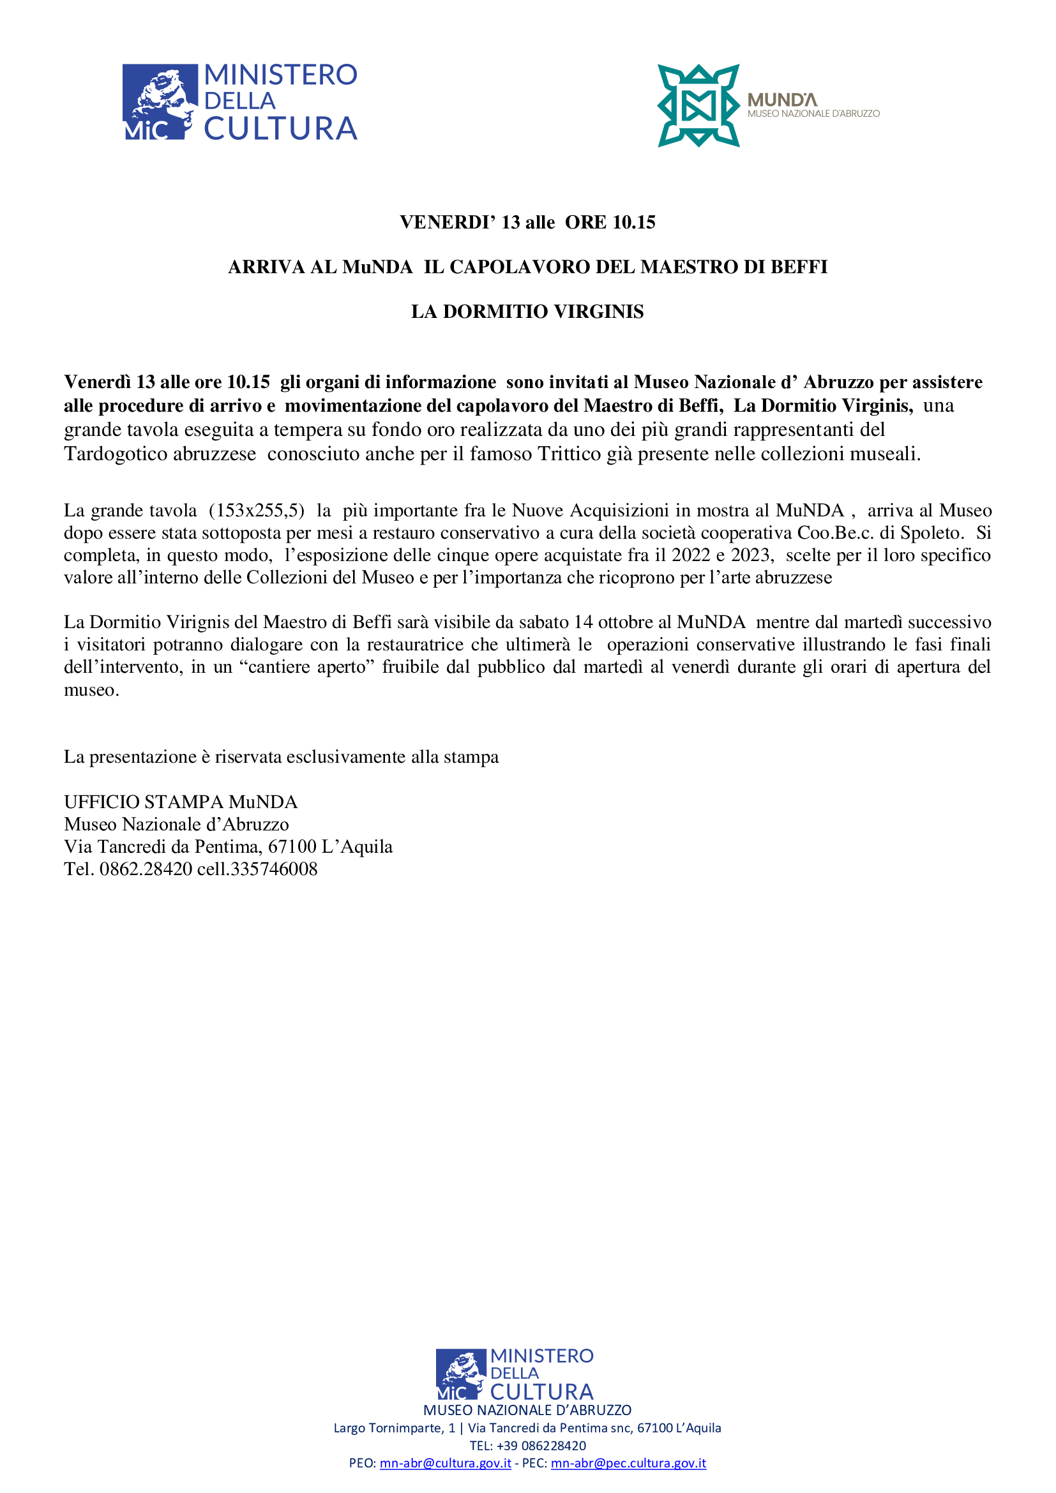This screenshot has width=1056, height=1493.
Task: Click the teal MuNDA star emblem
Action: [698, 105]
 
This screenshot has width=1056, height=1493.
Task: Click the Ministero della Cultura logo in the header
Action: [240, 102]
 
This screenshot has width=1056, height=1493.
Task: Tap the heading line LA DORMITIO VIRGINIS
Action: [527, 311]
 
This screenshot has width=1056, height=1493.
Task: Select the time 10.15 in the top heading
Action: [633, 222]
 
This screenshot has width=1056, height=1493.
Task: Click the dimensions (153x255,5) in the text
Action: [256, 511]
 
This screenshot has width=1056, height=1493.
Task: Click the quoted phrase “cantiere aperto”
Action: [309, 666]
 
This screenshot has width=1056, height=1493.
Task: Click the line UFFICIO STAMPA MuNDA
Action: [181, 802]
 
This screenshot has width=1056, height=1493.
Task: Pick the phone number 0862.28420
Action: [146, 869]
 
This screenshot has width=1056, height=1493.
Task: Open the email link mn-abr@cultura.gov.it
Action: [445, 1463]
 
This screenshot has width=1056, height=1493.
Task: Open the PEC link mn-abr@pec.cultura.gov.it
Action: [628, 1463]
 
